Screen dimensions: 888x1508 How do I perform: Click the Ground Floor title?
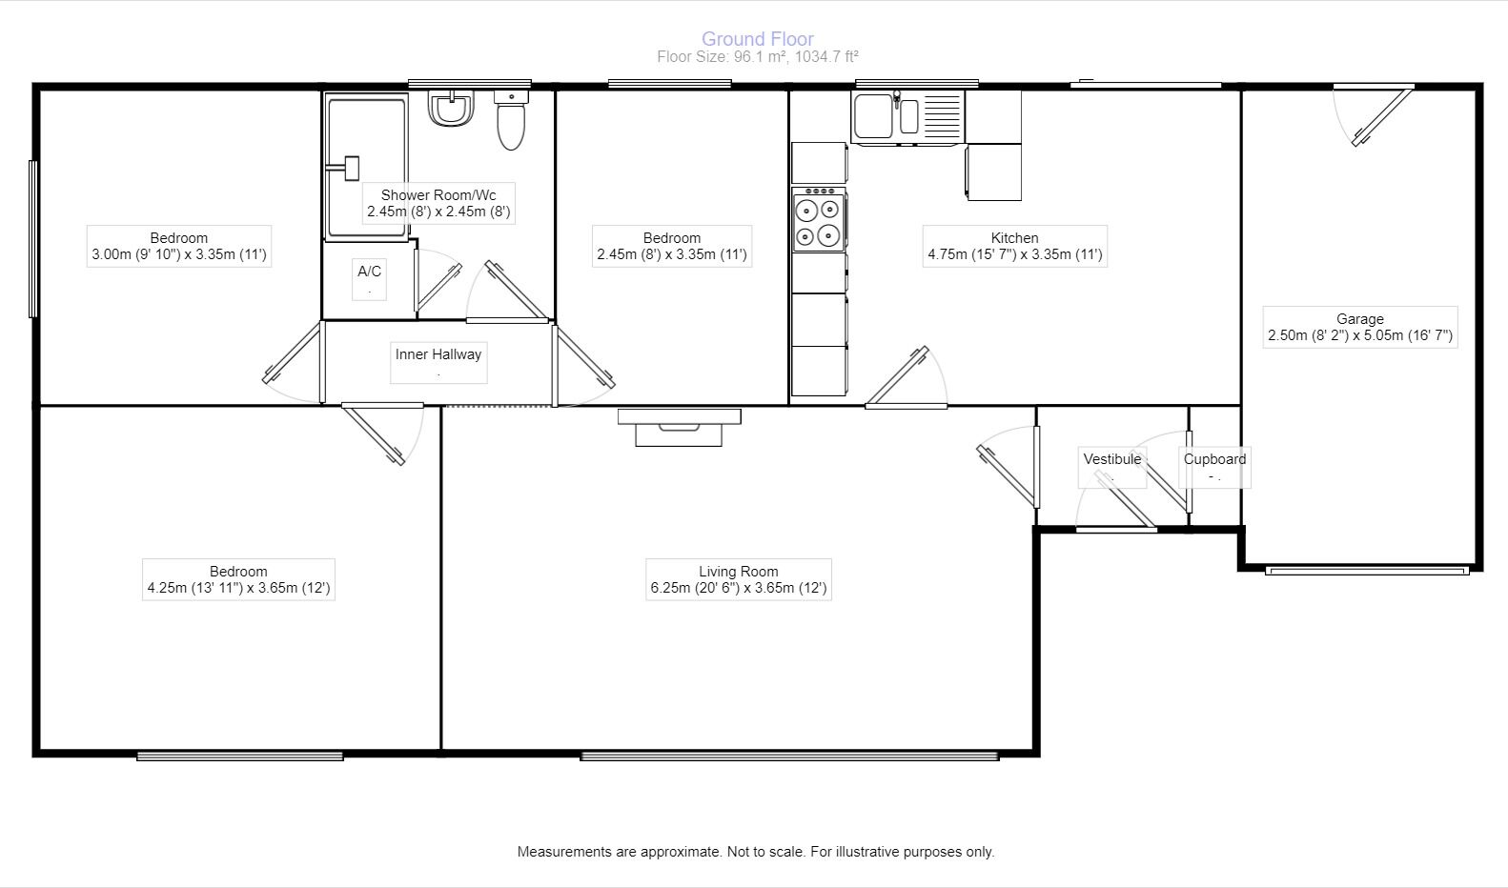(x=758, y=39)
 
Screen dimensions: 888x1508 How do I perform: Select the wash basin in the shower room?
(x=450, y=109)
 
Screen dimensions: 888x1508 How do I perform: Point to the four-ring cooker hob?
(x=819, y=220)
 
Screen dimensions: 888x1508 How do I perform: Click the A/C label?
(x=369, y=272)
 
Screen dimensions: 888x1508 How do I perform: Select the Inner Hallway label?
(x=438, y=354)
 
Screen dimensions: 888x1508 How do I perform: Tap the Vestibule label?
(x=1111, y=459)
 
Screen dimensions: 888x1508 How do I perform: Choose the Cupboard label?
(x=1214, y=459)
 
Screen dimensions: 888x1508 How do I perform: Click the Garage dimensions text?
(x=1360, y=335)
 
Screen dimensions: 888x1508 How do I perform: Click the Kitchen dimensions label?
(x=1014, y=254)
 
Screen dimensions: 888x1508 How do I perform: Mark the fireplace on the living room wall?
(x=679, y=427)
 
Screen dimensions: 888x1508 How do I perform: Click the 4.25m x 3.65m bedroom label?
(x=238, y=579)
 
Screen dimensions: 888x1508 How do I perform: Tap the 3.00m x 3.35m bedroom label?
(x=179, y=246)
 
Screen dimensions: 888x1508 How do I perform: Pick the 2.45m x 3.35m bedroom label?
(x=672, y=246)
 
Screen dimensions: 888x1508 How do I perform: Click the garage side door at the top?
(x=1379, y=116)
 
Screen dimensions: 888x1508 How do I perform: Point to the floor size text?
(x=758, y=57)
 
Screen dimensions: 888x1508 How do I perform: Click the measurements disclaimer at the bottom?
(x=755, y=852)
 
